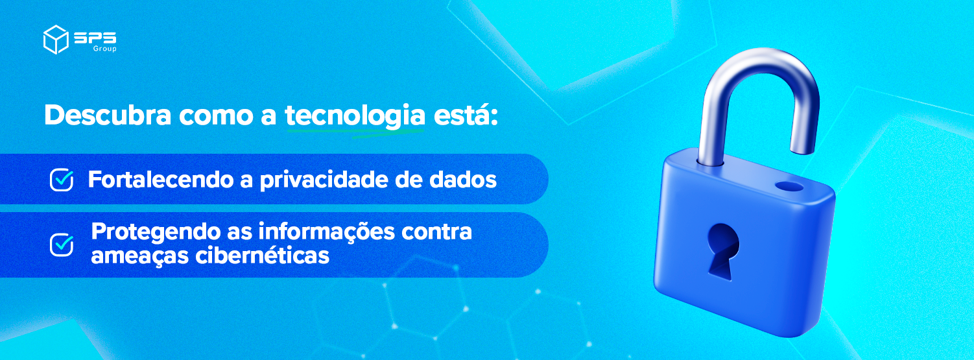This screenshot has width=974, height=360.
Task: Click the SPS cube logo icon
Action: coord(56,39)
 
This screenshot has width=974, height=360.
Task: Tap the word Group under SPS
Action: coord(104,49)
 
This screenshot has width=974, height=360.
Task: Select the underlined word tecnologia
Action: coord(355,115)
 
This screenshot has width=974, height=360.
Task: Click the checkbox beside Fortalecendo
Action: coord(62,180)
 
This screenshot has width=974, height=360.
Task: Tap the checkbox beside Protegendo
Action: coord(62,245)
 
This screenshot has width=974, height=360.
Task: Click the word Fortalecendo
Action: coord(161,180)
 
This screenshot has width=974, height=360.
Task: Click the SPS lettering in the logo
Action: coord(95,38)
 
